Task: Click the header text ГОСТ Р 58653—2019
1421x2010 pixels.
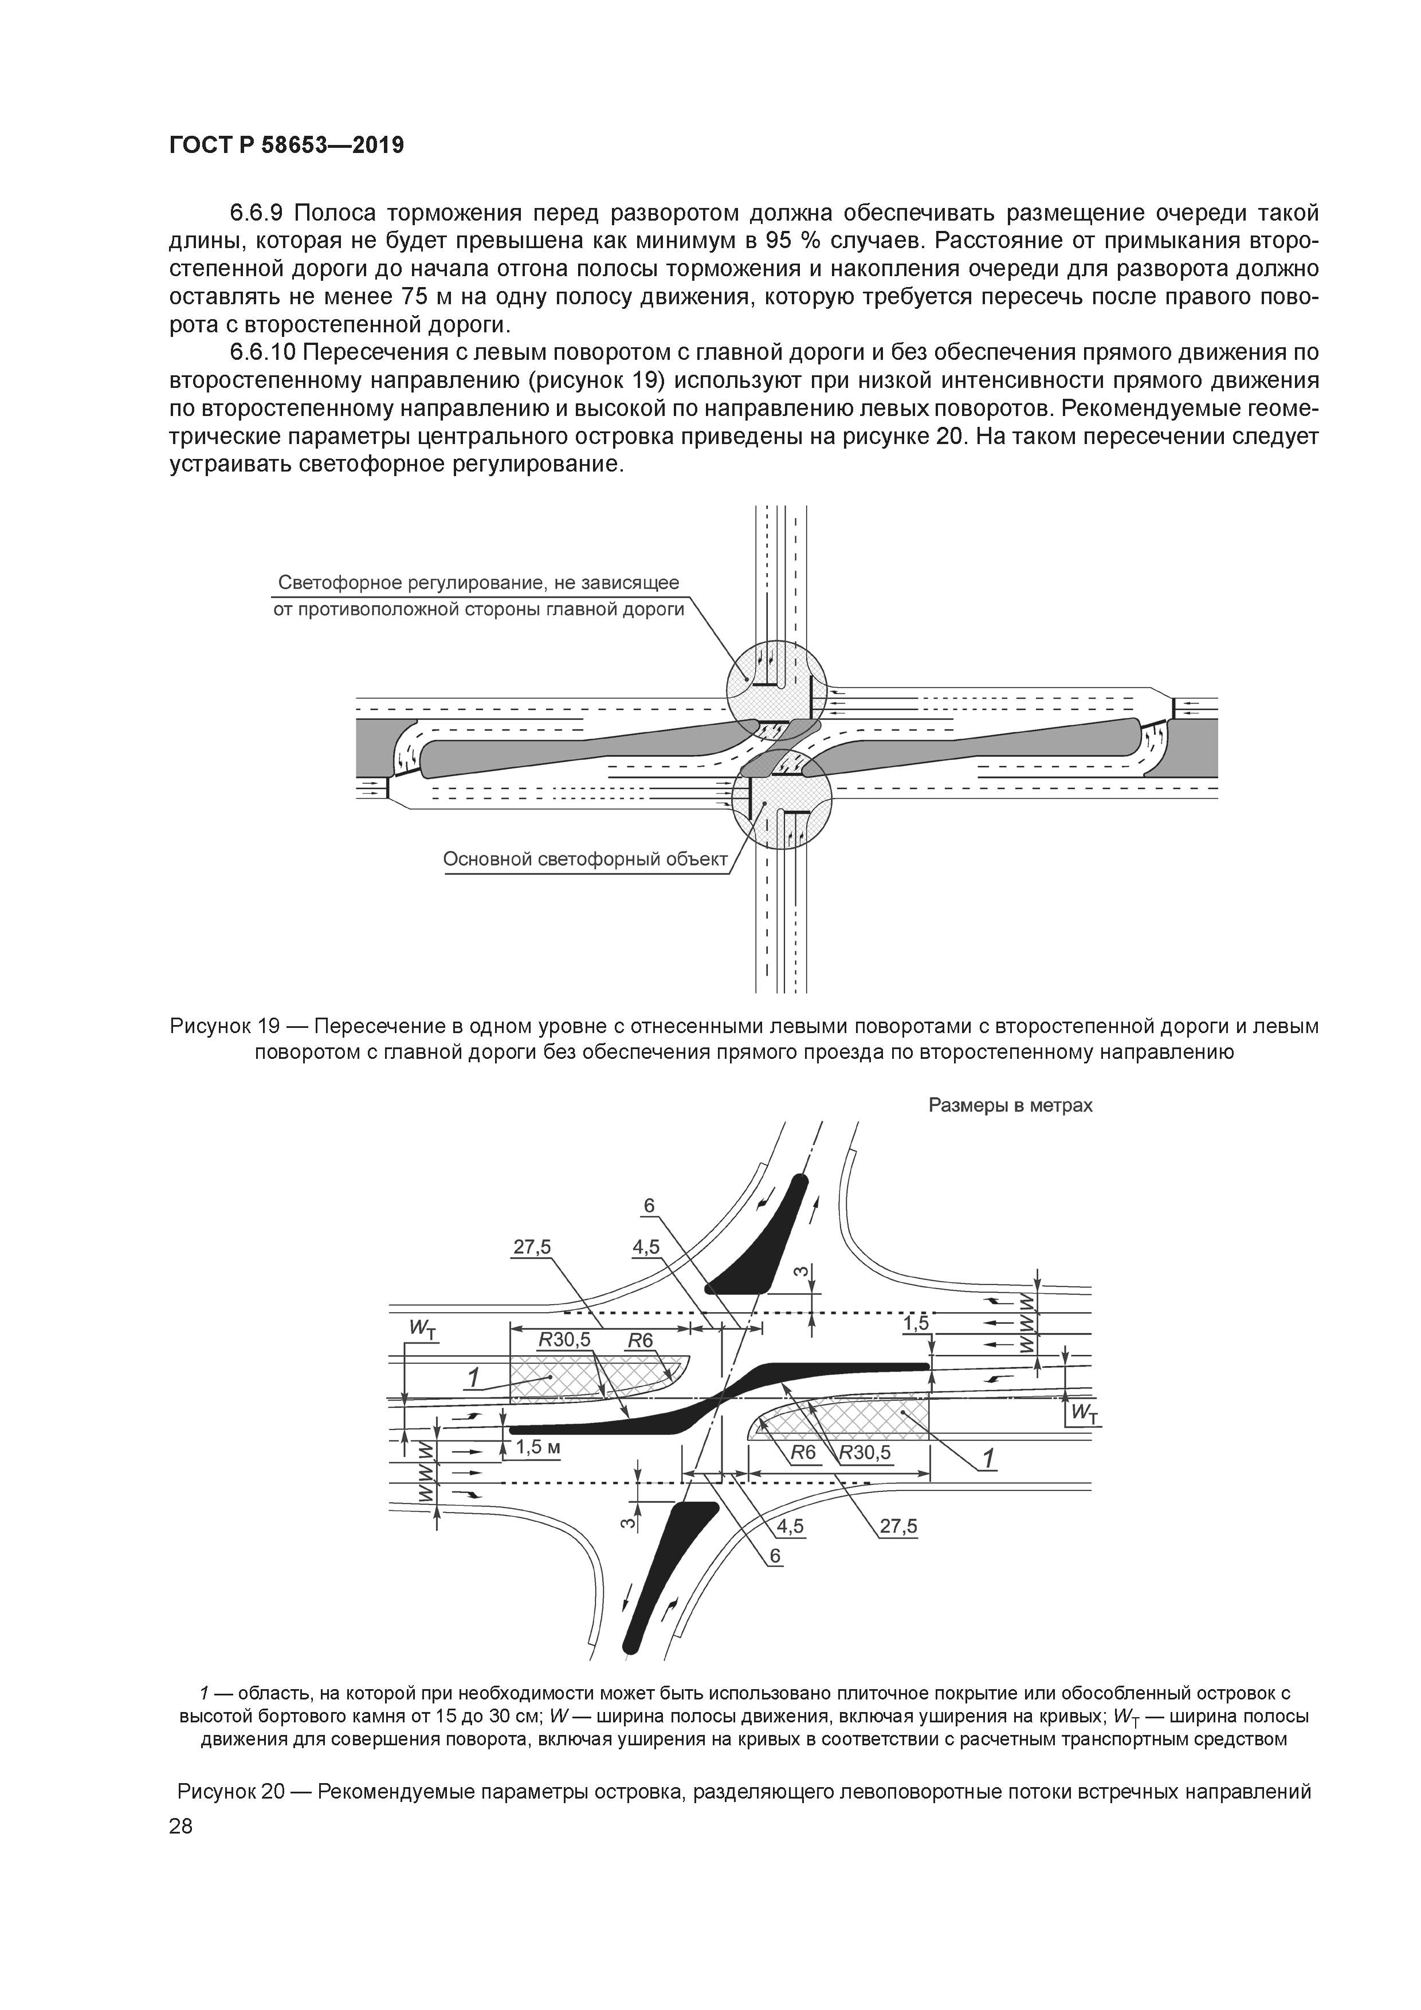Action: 286,146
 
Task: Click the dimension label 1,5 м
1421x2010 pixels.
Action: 537,1447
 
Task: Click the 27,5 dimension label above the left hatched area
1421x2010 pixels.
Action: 532,1247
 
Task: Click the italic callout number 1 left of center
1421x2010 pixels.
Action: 473,1377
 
